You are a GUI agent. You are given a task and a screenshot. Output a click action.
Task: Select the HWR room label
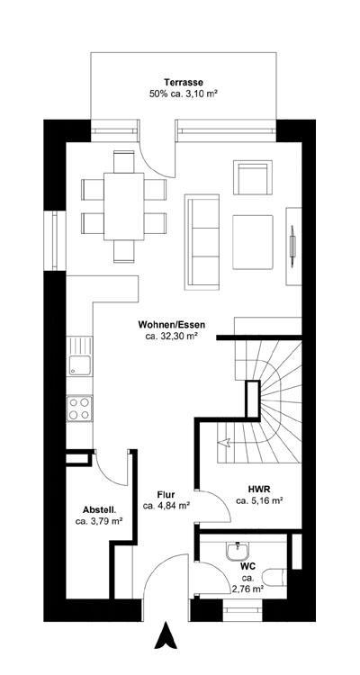tap(260, 488)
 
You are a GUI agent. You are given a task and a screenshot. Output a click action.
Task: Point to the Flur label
tap(166, 494)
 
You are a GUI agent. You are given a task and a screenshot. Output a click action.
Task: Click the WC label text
tap(247, 565)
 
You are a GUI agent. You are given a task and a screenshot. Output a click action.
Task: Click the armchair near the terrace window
tap(251, 176)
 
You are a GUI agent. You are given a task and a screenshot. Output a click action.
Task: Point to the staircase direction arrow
tap(225, 441)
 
